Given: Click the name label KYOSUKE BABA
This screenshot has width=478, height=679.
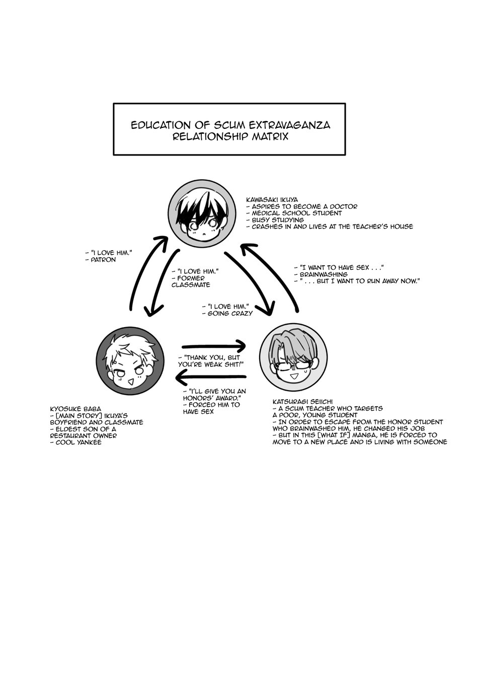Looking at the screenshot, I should [75, 409].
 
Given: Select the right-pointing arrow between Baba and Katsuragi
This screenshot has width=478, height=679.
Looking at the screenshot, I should [214, 346].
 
